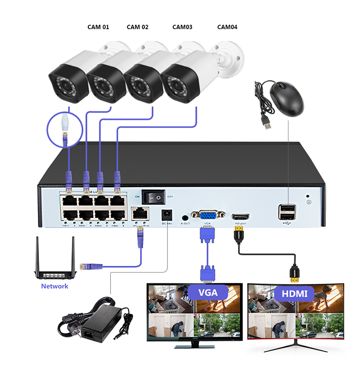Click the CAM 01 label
pyautogui.click(x=98, y=27)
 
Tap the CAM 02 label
pyautogui.click(x=137, y=27)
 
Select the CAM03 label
pyautogui.click(x=182, y=27)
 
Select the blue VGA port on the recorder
pyautogui.click(x=207, y=216)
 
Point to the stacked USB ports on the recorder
pyautogui.click(x=287, y=212)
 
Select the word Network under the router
pyautogui.click(x=55, y=286)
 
